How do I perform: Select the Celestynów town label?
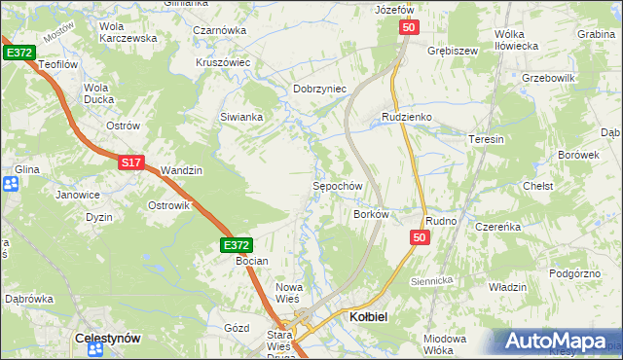tap(108, 338)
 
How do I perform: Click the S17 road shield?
tap(133, 163)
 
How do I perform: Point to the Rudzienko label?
tap(406, 117)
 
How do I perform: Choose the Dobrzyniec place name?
tap(320, 89)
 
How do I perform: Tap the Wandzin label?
tap(181, 170)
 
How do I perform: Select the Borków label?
tap(371, 214)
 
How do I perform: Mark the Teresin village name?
tap(488, 139)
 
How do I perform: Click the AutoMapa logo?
tap(558, 341)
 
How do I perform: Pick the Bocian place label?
tap(252, 262)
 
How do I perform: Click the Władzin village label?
tap(507, 287)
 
